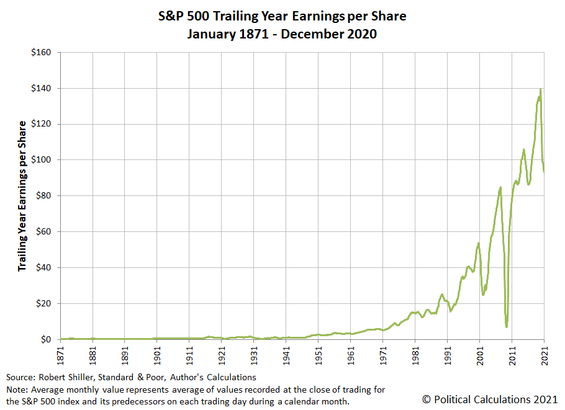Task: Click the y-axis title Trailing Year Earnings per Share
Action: [x=22, y=196]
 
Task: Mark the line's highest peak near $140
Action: [x=540, y=90]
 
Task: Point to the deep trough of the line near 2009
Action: [x=507, y=326]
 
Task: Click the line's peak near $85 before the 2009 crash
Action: [x=500, y=187]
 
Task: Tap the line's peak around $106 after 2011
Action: [x=524, y=149]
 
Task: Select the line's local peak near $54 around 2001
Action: [x=479, y=243]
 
